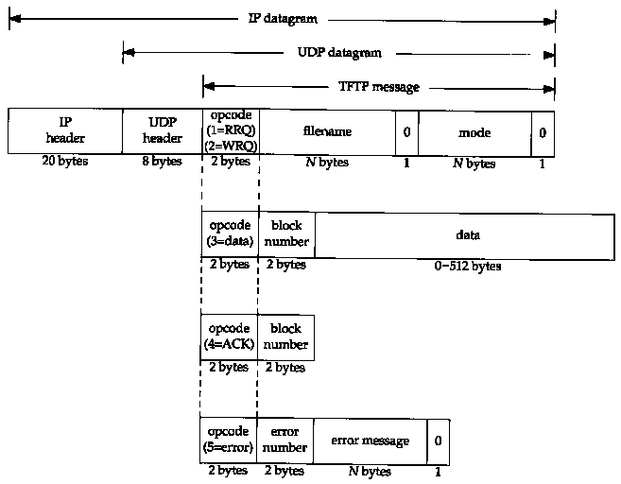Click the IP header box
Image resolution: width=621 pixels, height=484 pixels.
point(65,131)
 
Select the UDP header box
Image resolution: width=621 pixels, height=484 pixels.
point(162,131)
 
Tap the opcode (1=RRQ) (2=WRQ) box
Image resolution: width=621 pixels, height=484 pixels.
point(230,131)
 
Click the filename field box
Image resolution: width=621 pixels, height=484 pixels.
point(327,131)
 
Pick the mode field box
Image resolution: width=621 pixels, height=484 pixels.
point(474,132)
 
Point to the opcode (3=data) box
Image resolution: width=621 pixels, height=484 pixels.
point(229,233)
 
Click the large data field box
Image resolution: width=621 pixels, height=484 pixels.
point(467,233)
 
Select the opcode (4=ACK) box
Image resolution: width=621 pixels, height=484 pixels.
point(229,337)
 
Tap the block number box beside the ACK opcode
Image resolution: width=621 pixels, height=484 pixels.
point(285,337)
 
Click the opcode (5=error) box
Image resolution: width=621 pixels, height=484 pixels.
point(228,440)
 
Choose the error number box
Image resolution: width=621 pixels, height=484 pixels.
point(285,440)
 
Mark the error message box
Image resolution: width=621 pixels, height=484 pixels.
point(370,441)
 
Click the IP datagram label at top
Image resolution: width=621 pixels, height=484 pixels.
point(284,19)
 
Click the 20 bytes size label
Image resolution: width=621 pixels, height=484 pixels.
point(64,162)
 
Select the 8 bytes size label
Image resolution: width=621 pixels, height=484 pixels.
point(162,162)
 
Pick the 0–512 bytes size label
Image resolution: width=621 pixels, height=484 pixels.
point(467,266)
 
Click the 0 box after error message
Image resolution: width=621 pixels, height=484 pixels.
point(438,441)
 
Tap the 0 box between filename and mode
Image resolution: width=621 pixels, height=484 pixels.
point(406,132)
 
